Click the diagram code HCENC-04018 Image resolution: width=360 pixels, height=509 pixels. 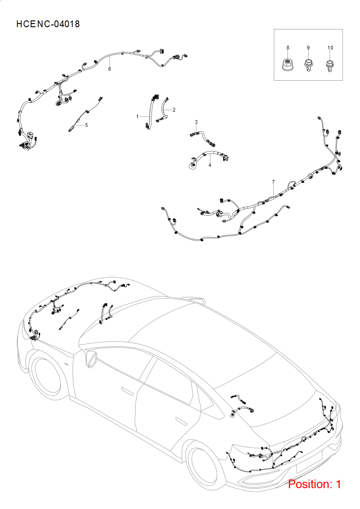(x=48, y=24)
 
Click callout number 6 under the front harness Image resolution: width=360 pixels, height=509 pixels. (x=110, y=69)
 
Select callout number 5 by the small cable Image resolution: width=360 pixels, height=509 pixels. (x=86, y=125)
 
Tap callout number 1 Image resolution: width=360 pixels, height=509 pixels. (x=137, y=116)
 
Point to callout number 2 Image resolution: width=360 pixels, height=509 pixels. (x=174, y=110)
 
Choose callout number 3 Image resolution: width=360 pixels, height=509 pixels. (x=196, y=122)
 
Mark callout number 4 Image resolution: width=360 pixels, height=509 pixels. (x=210, y=165)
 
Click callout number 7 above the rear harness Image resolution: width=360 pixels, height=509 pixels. (x=273, y=182)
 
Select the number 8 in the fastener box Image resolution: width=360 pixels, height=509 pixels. (x=288, y=48)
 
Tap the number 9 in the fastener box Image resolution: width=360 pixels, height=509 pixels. (x=308, y=48)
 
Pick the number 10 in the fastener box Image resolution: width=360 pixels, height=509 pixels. (x=330, y=48)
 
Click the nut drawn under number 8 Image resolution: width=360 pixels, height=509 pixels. (x=288, y=64)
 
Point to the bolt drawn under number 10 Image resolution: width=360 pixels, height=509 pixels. (x=330, y=66)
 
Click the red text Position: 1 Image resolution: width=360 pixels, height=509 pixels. (x=315, y=484)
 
